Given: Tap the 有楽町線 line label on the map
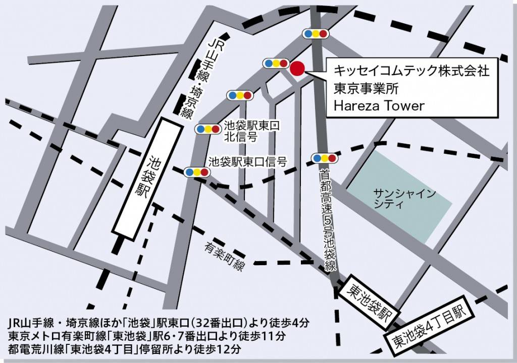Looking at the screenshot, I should click(x=225, y=256).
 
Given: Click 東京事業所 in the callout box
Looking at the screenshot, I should click(x=367, y=88).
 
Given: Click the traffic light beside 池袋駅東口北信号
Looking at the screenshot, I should click(x=208, y=129).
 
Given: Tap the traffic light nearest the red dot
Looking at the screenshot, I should click(x=276, y=64).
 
